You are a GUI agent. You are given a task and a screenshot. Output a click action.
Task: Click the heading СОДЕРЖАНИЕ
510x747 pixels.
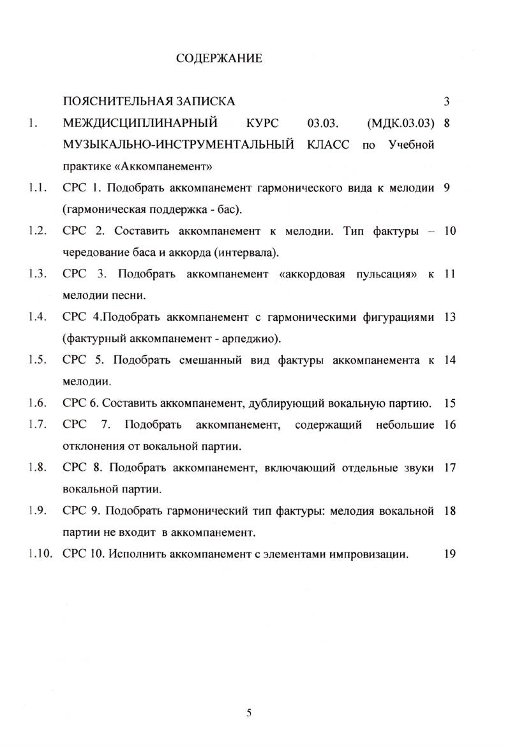pos(218,59)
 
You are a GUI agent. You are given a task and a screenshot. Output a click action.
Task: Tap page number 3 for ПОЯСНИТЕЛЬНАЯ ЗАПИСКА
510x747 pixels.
pos(447,101)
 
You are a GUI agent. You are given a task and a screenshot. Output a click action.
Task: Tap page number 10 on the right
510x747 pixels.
pos(449,231)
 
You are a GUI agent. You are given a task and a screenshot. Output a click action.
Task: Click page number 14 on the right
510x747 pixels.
pos(449,360)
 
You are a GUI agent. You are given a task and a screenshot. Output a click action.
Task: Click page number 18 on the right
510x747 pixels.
pos(449,511)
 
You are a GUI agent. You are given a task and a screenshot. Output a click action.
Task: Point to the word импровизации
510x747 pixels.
pos(366,554)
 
